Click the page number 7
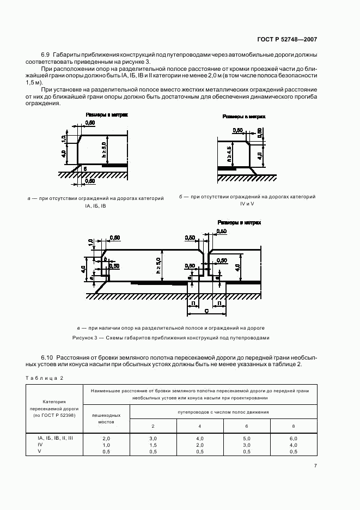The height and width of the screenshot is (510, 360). pyautogui.click(x=315, y=465)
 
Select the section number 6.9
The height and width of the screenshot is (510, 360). pyautogui.click(x=45, y=54)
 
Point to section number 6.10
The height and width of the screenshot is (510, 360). pyautogui.click(x=47, y=357)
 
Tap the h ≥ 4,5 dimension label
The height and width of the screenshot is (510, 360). pyautogui.click(x=230, y=155)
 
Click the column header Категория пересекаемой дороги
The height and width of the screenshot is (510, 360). pyautogui.click(x=54, y=408)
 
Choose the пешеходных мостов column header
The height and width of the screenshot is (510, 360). pyautogui.click(x=106, y=418)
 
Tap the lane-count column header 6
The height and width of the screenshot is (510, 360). pyautogui.click(x=247, y=426)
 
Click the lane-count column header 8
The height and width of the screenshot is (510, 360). pyautogui.click(x=294, y=426)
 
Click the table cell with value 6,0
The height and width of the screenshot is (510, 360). pyautogui.click(x=294, y=438)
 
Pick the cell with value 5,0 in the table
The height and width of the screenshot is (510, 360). pyautogui.click(x=247, y=438)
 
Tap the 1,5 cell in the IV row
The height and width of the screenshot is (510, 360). pyautogui.click(x=153, y=445)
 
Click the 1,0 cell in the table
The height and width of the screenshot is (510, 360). pyautogui.click(x=106, y=445)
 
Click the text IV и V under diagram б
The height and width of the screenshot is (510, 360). pyautogui.click(x=247, y=204)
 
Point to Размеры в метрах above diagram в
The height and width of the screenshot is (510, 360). pyautogui.click(x=239, y=222)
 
